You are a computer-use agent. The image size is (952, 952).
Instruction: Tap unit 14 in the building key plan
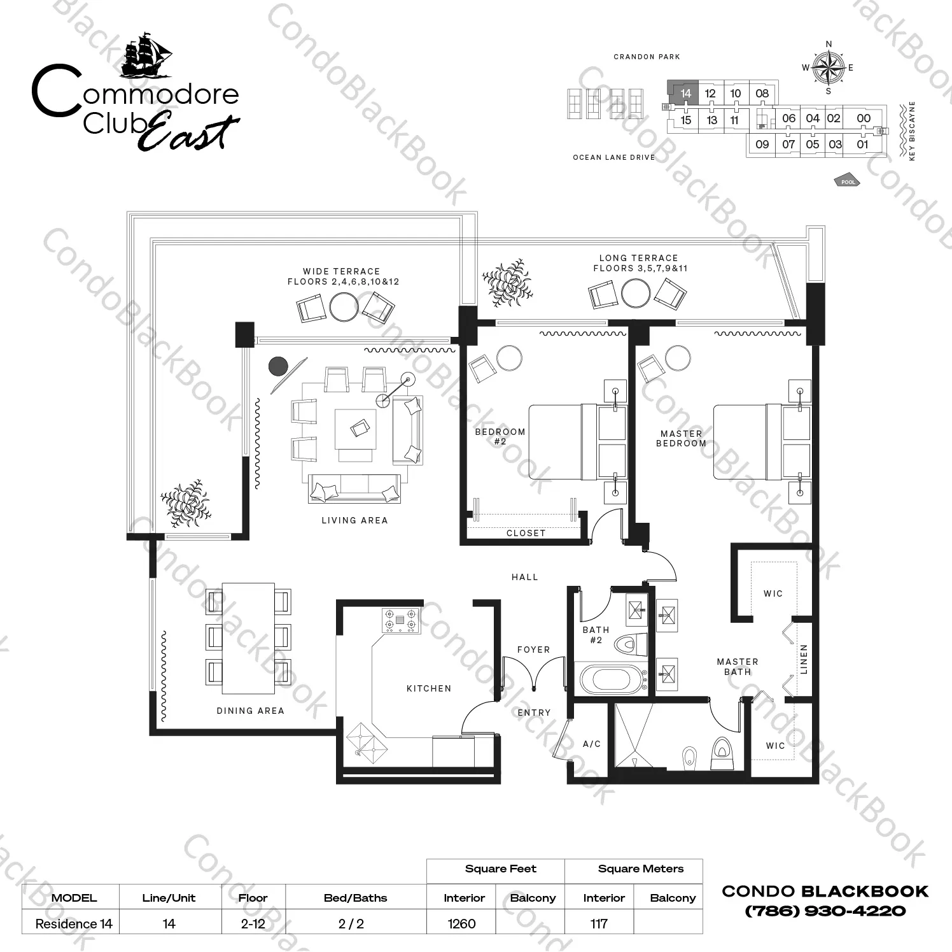(x=685, y=94)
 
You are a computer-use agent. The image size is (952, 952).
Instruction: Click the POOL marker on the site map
(x=847, y=180)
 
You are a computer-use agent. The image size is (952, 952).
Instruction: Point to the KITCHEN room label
(x=429, y=688)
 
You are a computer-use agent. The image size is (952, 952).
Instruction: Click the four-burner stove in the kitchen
(x=400, y=620)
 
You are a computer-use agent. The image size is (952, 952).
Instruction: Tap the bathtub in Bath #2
(x=610, y=679)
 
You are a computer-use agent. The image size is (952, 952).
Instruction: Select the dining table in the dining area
(x=248, y=637)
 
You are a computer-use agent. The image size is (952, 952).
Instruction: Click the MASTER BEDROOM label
(x=681, y=438)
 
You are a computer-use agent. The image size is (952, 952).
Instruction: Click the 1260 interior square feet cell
(x=461, y=923)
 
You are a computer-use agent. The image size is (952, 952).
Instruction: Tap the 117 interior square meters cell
(x=599, y=923)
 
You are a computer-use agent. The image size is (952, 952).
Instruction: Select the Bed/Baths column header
(x=355, y=898)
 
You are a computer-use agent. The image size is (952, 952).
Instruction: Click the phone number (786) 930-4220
(x=825, y=911)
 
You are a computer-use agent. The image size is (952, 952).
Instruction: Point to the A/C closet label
(x=592, y=744)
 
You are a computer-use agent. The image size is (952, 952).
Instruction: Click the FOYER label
(x=533, y=650)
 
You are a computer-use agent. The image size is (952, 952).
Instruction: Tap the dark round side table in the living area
(x=278, y=366)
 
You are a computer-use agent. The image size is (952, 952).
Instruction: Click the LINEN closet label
(x=804, y=659)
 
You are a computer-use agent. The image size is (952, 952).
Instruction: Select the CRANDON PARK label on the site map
(x=647, y=57)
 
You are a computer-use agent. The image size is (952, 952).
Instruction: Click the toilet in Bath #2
(x=630, y=644)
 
